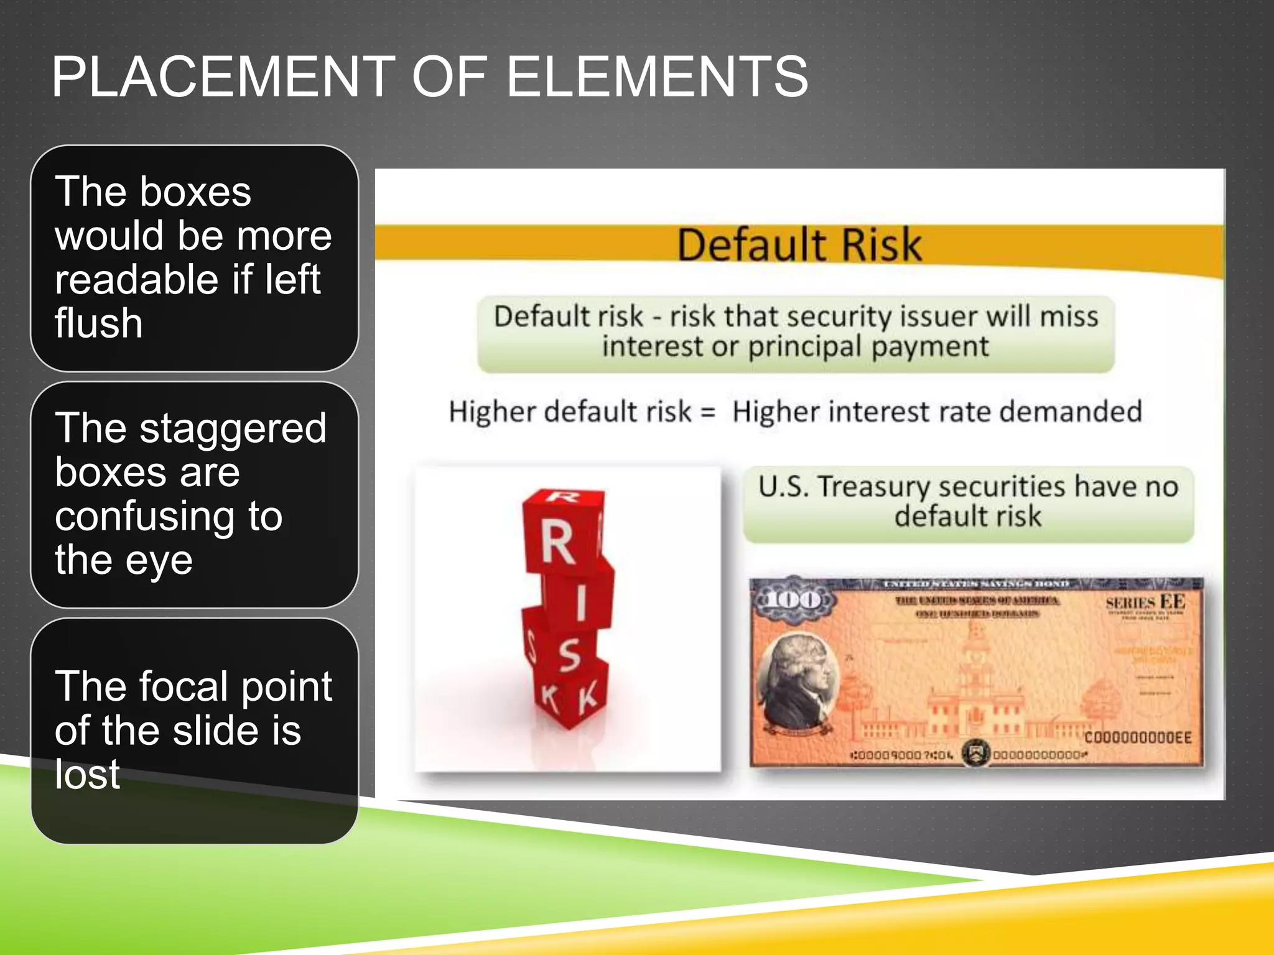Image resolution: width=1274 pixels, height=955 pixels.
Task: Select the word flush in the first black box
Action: (98, 323)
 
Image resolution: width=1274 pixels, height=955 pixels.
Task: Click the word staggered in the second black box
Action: (233, 429)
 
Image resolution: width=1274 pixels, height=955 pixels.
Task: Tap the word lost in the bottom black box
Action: (87, 775)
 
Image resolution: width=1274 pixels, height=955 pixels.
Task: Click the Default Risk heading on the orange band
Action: (799, 245)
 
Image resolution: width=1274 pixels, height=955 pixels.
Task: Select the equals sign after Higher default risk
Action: (707, 412)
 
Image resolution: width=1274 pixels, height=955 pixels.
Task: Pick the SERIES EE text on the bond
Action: (1145, 602)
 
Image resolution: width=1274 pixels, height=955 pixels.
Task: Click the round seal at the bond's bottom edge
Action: (975, 754)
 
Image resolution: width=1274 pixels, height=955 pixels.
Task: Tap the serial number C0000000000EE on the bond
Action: (1138, 738)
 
